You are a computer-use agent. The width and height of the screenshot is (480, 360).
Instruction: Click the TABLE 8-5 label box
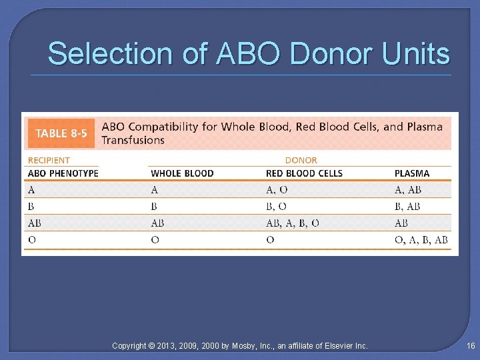(61, 133)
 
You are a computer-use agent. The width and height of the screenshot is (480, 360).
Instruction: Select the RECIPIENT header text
(49, 160)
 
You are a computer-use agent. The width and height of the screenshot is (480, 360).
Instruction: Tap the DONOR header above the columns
(301, 160)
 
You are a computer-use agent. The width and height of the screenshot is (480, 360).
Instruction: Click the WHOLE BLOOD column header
(182, 173)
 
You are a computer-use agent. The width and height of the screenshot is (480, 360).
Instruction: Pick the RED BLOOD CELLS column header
(304, 173)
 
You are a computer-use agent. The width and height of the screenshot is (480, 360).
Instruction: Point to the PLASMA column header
(412, 173)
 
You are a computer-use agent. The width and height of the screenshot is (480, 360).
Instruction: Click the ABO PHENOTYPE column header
(63, 173)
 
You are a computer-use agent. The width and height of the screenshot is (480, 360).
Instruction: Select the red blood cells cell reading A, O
(277, 190)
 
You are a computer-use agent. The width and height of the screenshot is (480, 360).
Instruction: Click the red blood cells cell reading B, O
(277, 207)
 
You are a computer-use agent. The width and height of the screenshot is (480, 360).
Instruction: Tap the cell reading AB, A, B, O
(292, 223)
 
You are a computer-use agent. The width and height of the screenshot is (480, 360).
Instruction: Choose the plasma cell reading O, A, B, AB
(421, 240)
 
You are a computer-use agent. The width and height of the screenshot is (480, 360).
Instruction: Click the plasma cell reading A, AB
(407, 190)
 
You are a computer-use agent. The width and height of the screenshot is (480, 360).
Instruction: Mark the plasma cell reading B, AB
(407, 207)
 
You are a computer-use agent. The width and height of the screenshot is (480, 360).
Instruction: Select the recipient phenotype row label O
(31, 240)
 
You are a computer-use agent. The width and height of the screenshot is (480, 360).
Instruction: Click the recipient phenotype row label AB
(34, 223)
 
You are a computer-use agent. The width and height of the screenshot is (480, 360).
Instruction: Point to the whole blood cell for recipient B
(155, 207)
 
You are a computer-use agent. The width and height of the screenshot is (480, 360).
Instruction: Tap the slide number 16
(471, 345)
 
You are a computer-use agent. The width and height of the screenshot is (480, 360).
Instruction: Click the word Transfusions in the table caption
(133, 140)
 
